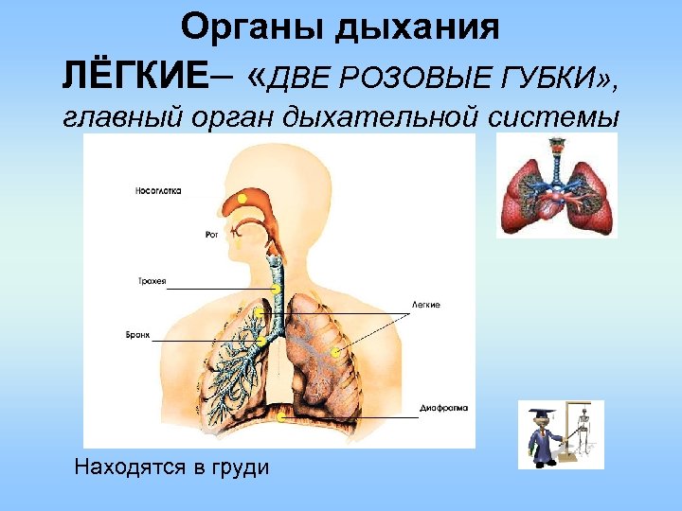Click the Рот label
[x=211, y=234]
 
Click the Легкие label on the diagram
[x=427, y=305]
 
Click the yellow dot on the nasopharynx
[x=242, y=199]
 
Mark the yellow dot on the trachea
[x=275, y=289]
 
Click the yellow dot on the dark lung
[x=334, y=353]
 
